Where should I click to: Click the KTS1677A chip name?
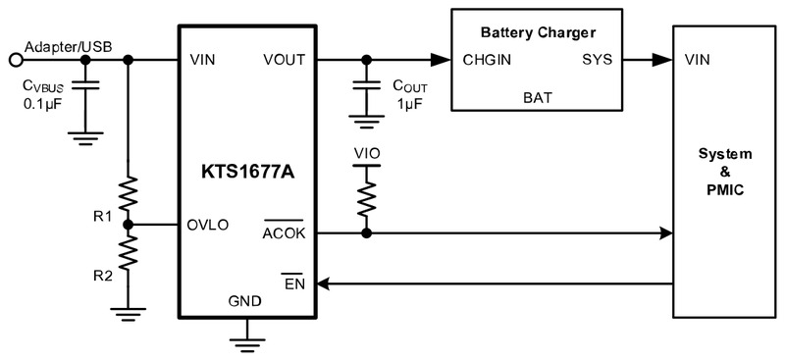coord(248,172)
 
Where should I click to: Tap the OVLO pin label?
coord(208,226)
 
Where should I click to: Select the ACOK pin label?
coord(284,233)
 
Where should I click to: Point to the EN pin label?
coord(295,283)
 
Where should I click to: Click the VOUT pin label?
coord(284,60)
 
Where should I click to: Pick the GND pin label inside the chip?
coord(244,301)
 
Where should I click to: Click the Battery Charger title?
coord(538,33)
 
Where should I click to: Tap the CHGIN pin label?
coord(487,60)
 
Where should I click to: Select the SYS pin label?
coord(598,60)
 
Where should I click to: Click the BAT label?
coord(538,97)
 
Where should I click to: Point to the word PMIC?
coord(725,190)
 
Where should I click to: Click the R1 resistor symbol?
coord(129,193)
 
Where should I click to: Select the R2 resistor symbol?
coord(129,253)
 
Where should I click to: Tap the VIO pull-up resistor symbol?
coord(367,199)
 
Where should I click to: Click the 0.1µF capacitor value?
coord(43,107)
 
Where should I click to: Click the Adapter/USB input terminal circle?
coord(16,60)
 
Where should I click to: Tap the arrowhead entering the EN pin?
coord(324,283)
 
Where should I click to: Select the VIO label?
coord(367,153)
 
